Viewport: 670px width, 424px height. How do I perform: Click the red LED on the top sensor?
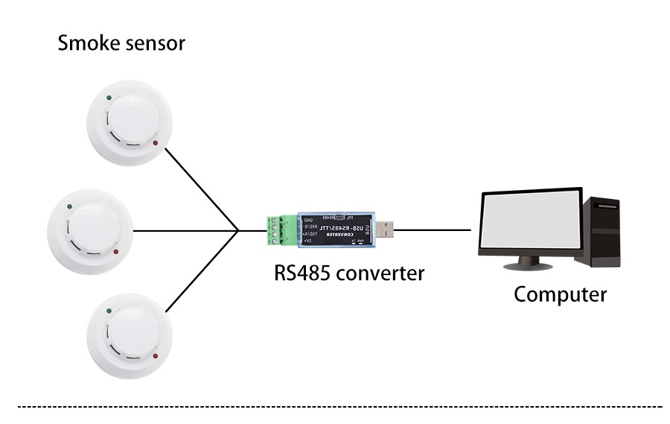pos(155,143)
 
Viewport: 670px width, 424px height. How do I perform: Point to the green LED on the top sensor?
pos(109,97)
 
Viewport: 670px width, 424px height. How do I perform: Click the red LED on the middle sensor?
pos(115,250)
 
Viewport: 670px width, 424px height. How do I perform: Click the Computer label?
pos(560,294)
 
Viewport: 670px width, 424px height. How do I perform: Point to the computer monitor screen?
pos(530,221)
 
